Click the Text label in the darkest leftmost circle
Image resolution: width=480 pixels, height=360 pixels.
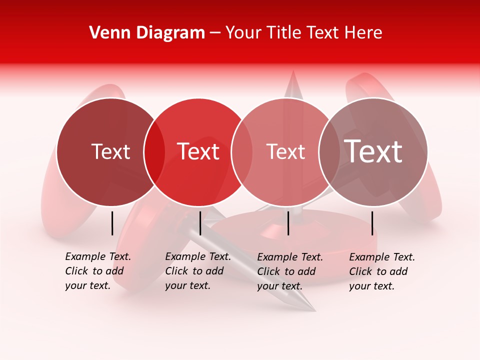110,151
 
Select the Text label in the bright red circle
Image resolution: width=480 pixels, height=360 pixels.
198,151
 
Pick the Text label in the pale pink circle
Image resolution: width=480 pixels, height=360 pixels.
285,151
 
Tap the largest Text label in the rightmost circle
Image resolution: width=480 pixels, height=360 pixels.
373,151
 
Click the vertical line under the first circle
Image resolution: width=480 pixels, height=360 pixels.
112,223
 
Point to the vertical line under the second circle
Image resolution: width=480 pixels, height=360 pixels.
200,223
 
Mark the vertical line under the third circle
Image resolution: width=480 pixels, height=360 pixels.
288,223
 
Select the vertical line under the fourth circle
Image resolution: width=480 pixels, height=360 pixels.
372,223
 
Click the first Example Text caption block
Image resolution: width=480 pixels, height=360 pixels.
98,271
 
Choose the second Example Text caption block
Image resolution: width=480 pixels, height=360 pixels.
198,271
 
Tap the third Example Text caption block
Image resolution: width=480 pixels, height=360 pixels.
290,271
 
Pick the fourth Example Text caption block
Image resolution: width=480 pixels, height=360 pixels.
382,271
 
